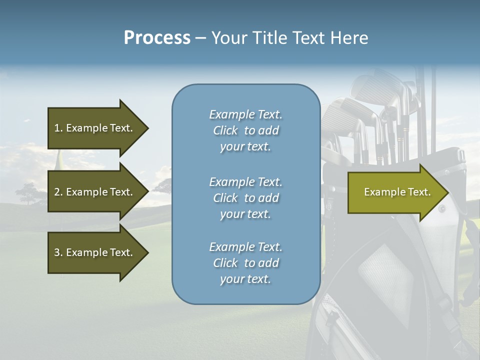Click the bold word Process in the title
point(157,38)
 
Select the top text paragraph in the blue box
point(245,130)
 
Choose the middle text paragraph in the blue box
point(245,198)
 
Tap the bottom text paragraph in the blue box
point(245,263)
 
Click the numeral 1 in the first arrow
point(57,128)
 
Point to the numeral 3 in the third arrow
point(57,252)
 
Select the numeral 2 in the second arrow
point(57,192)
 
